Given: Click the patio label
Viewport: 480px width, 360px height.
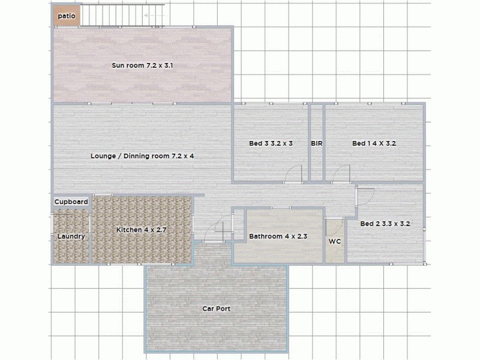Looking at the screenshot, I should point(66,16).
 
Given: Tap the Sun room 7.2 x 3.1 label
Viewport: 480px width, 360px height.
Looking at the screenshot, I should point(142,65).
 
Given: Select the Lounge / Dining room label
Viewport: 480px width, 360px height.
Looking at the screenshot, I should point(142,156).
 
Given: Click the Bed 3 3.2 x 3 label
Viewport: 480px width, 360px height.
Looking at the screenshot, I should point(271,143).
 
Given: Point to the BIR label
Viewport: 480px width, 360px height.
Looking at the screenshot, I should point(317,143).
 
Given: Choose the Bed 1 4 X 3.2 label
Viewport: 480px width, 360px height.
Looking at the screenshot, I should point(374,143).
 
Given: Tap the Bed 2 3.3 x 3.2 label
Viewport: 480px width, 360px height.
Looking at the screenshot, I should point(385,224).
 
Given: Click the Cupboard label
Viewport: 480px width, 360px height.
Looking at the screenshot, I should point(71,202).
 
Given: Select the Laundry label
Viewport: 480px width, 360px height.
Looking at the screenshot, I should point(71,236).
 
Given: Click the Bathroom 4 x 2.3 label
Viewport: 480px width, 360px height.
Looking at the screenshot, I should point(278,236).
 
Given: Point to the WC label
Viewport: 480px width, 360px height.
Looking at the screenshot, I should point(335,242).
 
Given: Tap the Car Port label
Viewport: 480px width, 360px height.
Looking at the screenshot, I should point(216,308).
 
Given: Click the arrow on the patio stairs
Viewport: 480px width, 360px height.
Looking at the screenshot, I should point(155,13).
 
